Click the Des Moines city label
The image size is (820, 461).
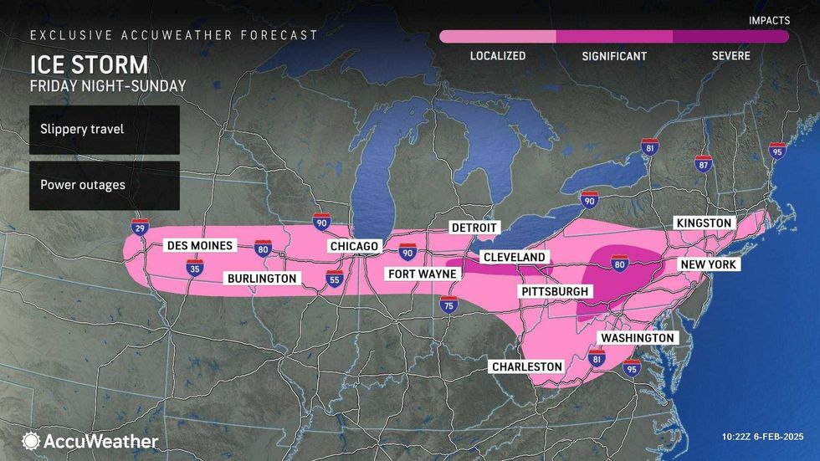[200, 245]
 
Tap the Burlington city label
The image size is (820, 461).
[259, 278]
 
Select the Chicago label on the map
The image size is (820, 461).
[356, 246]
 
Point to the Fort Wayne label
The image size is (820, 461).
[420, 274]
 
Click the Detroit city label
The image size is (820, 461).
[474, 228]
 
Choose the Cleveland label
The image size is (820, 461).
[514, 257]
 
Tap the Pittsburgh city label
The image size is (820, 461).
[554, 291]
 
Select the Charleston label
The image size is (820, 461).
[527, 366]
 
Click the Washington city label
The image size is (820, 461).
[636, 337]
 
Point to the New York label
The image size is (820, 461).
[708, 264]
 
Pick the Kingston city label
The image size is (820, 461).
[705, 223]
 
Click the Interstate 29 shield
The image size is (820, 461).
[140, 227]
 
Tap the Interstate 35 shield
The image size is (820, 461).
[194, 267]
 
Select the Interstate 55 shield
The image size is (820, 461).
[335, 279]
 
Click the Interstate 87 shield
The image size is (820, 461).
[703, 163]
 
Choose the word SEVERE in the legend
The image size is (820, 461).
[730, 56]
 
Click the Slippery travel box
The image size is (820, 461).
[104, 130]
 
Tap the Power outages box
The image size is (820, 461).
[104, 185]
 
